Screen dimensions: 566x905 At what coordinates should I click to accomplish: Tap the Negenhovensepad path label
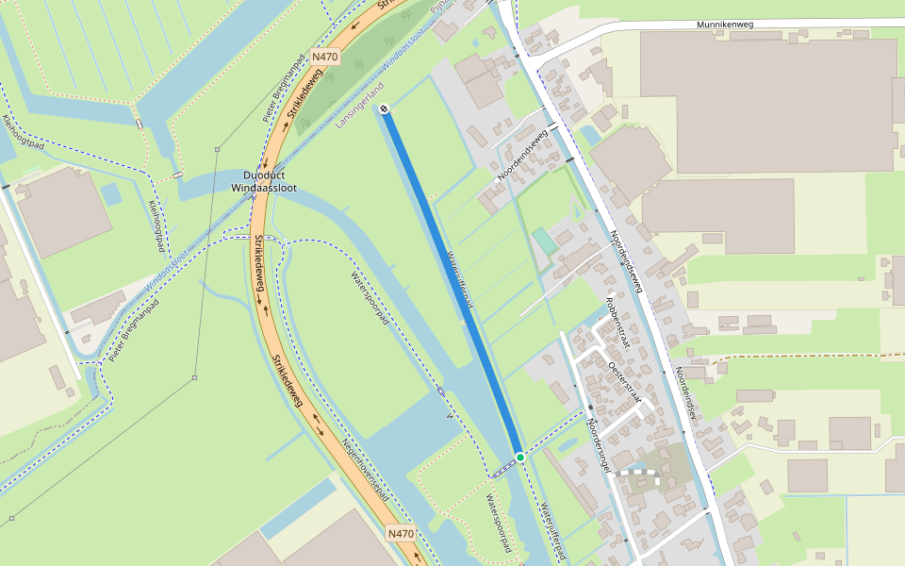(366, 469)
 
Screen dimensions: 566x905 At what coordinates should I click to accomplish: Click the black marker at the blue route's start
(385, 109)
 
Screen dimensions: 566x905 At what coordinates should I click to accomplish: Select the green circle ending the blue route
(519, 458)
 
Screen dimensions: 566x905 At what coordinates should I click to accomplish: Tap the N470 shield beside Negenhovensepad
(401, 534)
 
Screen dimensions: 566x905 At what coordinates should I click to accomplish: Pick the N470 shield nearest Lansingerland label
(323, 57)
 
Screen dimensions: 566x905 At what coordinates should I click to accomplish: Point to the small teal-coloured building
(545, 241)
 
